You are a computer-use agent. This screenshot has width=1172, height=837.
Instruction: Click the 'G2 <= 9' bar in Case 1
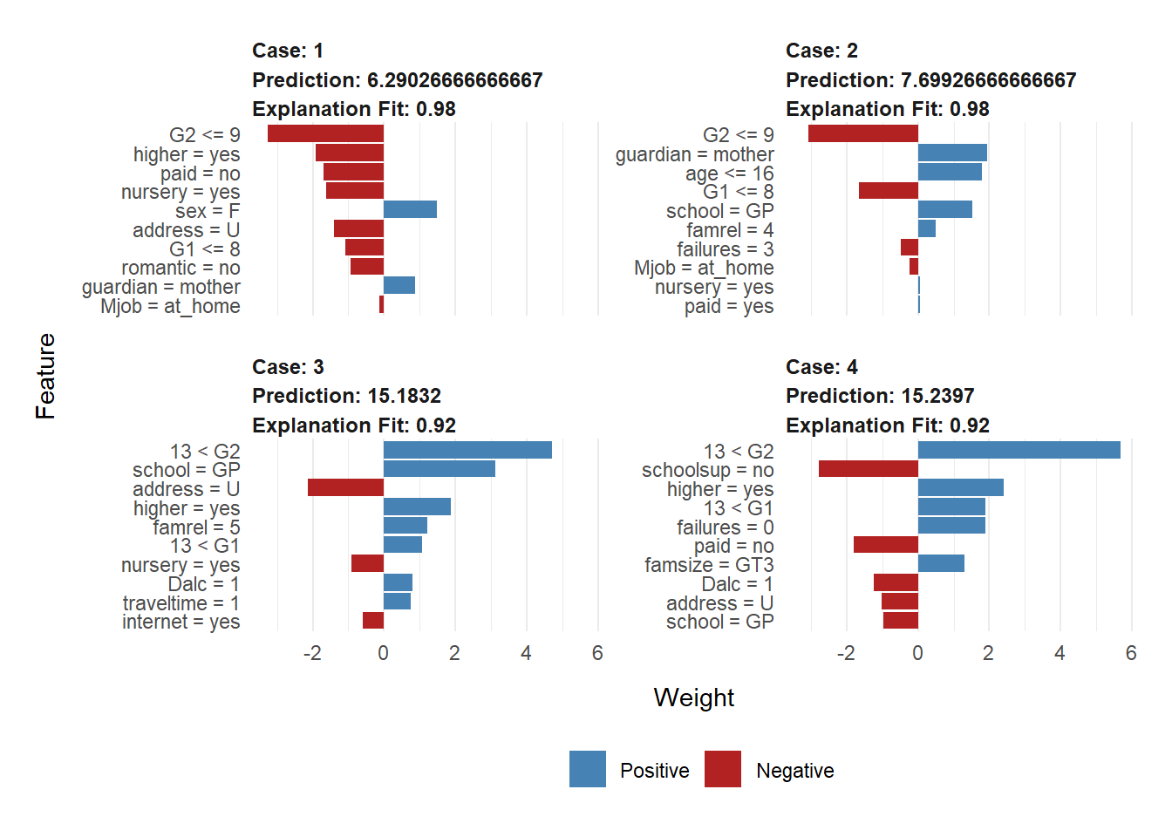click(x=325, y=133)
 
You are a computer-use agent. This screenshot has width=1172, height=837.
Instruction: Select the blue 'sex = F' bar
click(x=410, y=209)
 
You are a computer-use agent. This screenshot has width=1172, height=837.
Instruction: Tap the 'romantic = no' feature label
click(x=181, y=268)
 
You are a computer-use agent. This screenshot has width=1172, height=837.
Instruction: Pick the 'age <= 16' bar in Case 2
click(x=950, y=172)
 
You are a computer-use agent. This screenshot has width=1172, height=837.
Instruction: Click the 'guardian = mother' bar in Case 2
click(x=952, y=153)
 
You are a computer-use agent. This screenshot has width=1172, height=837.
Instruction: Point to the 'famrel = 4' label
click(x=730, y=230)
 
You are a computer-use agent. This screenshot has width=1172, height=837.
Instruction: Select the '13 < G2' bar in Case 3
click(x=467, y=450)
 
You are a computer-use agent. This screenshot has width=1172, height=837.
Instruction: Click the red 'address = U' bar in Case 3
click(x=345, y=487)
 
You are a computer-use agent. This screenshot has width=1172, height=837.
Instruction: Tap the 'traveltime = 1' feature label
click(x=181, y=603)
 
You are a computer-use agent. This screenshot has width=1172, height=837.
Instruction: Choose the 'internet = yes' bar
click(x=373, y=621)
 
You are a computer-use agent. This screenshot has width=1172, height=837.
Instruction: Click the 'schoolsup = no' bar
click(x=869, y=469)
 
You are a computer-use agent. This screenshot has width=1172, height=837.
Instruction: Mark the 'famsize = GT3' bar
click(x=941, y=564)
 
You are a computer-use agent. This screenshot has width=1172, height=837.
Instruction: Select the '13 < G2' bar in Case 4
click(x=1019, y=450)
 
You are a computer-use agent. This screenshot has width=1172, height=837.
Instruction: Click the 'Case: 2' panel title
click(x=821, y=51)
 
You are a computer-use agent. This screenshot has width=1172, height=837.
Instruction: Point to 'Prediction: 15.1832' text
click(x=346, y=396)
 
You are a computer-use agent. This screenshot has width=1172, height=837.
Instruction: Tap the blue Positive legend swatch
click(x=588, y=769)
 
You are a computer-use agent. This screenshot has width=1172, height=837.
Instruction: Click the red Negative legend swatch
click(x=723, y=769)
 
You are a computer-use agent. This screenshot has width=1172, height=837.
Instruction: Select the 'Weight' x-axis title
click(x=693, y=697)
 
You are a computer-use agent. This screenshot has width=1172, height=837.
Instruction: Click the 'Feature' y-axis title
click(x=45, y=376)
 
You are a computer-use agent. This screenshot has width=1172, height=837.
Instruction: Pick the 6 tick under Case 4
click(x=1131, y=654)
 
